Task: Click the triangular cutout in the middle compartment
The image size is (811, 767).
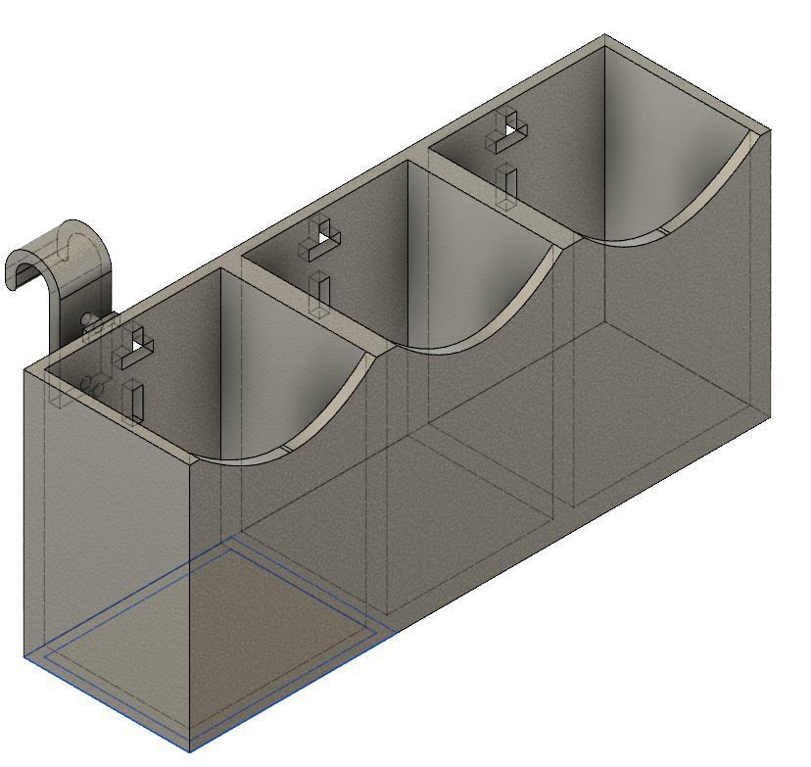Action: pyautogui.click(x=322, y=236)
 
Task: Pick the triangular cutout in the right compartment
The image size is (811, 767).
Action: pyautogui.click(x=508, y=125)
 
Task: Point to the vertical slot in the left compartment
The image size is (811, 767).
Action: pyautogui.click(x=133, y=401)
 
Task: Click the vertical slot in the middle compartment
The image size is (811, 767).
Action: pyautogui.click(x=319, y=293)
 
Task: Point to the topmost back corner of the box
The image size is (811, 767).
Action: pyautogui.click(x=604, y=36)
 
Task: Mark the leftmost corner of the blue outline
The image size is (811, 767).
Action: pyautogui.click(x=24, y=656)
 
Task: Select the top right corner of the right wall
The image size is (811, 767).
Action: pyautogui.click(x=768, y=129)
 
